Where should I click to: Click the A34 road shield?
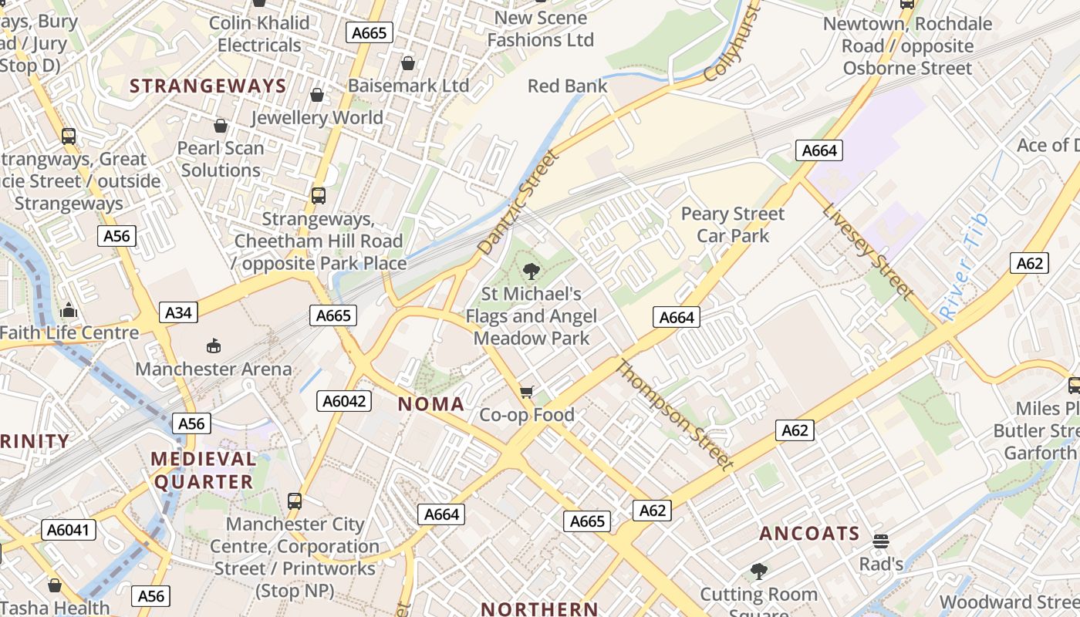coord(178,312)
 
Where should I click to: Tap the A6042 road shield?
coord(343,401)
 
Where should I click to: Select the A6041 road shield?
coord(69,530)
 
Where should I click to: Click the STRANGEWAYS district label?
coord(208,86)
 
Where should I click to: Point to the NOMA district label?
coord(431,404)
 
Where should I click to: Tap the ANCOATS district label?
coord(809,534)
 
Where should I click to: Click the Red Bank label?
coord(568,86)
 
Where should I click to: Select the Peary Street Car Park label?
coord(732,224)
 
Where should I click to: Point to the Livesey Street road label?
coord(867,250)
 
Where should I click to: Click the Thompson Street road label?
coord(672,413)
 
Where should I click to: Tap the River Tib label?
coord(964,267)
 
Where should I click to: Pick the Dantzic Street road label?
coord(517,204)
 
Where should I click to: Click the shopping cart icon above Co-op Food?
coord(527,393)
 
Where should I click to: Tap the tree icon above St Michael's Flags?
coord(531,271)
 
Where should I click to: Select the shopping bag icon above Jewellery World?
coord(316,95)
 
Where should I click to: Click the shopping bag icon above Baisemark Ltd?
coord(407,62)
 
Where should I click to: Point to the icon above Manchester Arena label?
coord(214,346)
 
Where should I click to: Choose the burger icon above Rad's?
coord(881,541)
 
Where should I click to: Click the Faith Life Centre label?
coord(69,333)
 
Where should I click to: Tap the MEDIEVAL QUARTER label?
coord(204,470)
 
